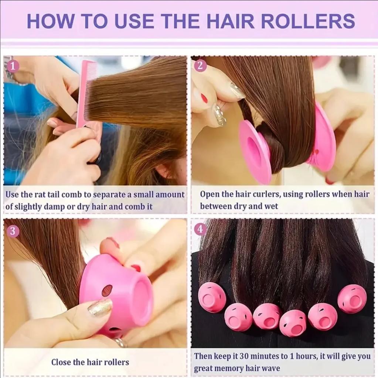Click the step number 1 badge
(x=13, y=66)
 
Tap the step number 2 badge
(x=200, y=66)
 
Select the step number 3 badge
(x=13, y=231)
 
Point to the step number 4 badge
(x=200, y=229)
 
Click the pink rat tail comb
(x=85, y=92)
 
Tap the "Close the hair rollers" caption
(x=90, y=362)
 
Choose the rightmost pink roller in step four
(x=352, y=298)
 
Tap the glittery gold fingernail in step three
(x=100, y=307)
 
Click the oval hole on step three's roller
(x=107, y=290)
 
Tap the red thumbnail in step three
(x=136, y=268)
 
